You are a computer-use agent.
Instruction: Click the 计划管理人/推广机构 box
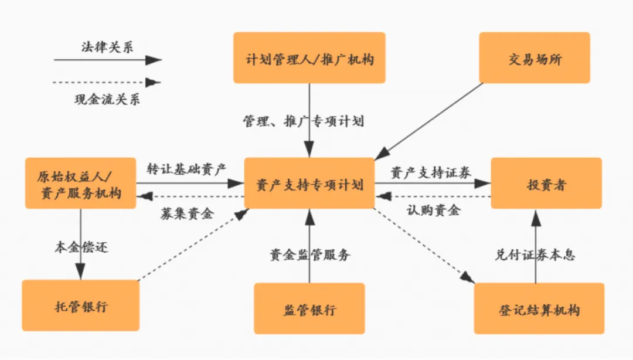tap(309, 58)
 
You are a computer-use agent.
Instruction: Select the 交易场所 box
tap(535, 58)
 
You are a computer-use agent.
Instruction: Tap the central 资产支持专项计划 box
tap(309, 184)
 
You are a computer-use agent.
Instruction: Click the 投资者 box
tap(546, 184)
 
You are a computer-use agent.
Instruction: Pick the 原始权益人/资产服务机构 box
tap(80, 184)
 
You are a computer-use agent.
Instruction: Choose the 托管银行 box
tap(80, 306)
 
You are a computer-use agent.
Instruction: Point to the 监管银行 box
tap(309, 309)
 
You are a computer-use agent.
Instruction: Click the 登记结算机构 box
tap(539, 309)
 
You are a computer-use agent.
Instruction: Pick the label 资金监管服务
tap(309, 254)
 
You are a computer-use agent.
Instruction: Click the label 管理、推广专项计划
tap(304, 121)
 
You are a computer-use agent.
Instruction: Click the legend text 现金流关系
tap(107, 99)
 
